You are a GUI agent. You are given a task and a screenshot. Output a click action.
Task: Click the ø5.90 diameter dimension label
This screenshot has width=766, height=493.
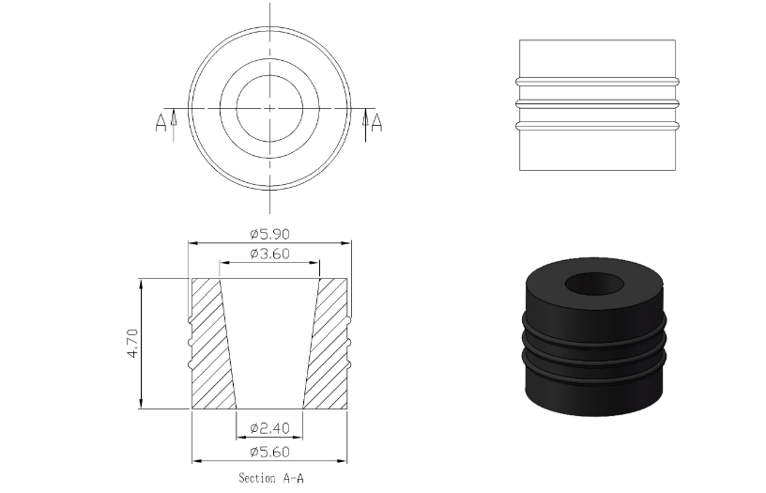[269, 234]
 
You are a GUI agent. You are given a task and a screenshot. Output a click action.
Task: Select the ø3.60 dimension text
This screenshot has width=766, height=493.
[269, 254]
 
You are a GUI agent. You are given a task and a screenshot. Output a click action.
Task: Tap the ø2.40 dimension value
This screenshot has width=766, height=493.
[269, 428]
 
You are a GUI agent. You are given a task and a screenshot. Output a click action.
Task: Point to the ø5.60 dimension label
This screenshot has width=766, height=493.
[269, 452]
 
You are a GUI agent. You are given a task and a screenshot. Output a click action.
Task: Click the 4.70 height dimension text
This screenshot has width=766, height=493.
[132, 344]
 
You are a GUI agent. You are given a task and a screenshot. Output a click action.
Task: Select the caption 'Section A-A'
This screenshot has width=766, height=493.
[271, 478]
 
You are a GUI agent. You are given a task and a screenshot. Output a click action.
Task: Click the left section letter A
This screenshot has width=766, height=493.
[161, 123]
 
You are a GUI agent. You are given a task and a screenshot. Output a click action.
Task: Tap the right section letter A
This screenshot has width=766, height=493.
[376, 123]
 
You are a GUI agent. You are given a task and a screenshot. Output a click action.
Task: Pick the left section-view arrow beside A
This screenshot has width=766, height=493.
[174, 125]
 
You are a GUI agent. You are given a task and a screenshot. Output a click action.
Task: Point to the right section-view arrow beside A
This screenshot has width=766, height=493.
[365, 125]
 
